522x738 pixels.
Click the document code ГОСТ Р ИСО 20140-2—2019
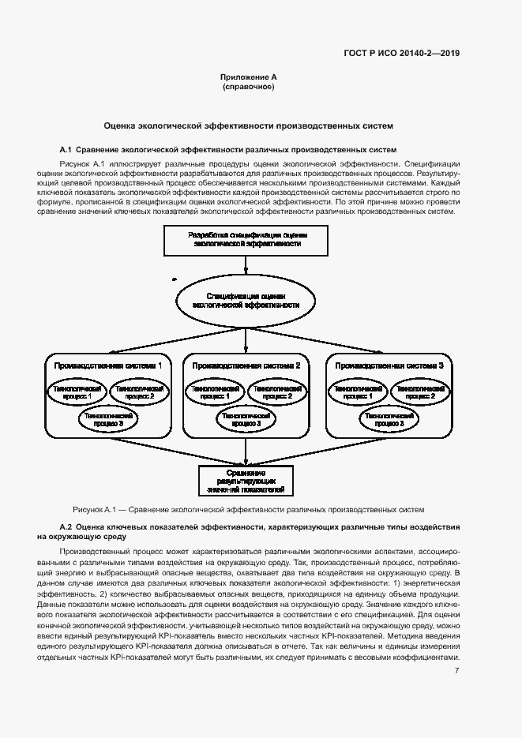401,54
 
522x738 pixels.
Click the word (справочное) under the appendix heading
249,87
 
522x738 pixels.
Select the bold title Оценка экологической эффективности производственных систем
249,125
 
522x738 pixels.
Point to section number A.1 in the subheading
66,149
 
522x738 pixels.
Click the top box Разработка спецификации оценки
247,239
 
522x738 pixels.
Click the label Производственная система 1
108,365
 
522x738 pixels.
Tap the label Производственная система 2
246,365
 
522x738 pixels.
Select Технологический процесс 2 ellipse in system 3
416,392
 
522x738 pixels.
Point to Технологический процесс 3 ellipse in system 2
247,419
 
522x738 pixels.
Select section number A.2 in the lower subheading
66,526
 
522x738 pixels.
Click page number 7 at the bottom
456,671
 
